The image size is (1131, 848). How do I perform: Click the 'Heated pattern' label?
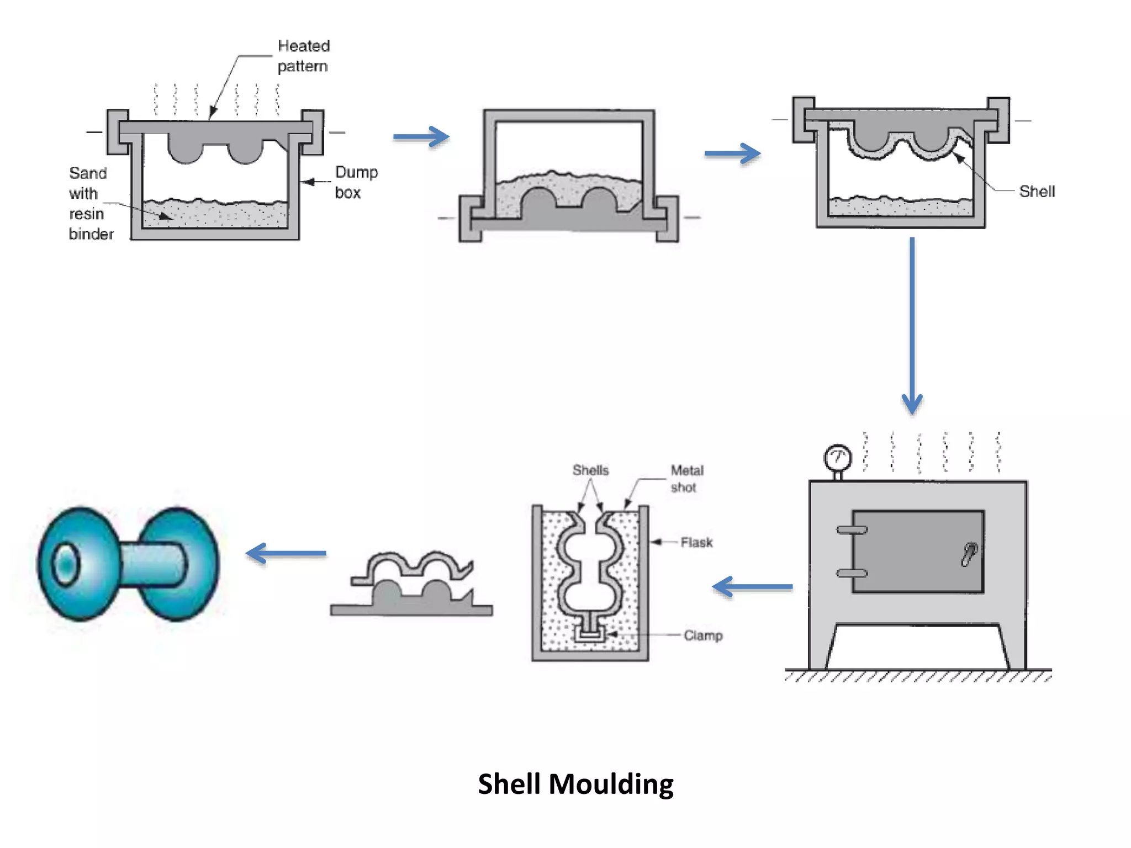303,56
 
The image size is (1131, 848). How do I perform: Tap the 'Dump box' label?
356,182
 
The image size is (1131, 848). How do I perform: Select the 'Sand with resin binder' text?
91,203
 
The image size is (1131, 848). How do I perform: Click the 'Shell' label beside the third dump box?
1036,192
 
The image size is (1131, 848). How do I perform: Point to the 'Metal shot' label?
686,479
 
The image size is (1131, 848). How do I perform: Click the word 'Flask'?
696,543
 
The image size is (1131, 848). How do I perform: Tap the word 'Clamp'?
702,635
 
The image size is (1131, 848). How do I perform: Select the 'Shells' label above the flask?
590,470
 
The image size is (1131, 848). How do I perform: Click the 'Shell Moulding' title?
575,784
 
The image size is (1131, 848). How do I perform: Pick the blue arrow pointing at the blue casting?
286,553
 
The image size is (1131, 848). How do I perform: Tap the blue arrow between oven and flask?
752,587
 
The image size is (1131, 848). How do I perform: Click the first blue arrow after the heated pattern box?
421,137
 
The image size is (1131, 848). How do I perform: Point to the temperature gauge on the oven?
837,458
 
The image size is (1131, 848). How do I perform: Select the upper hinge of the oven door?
851,530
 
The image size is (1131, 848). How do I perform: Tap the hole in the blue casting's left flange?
66,564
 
